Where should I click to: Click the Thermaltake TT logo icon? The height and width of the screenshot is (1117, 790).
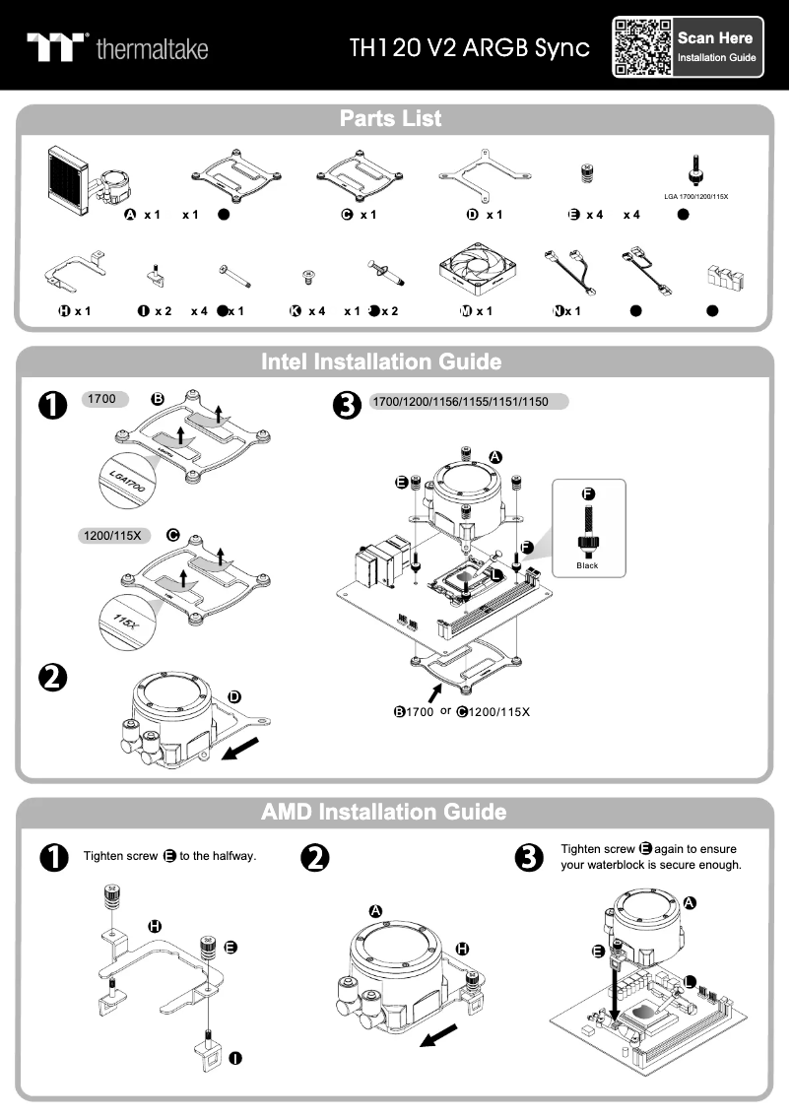click(57, 47)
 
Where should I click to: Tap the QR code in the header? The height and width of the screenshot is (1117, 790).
click(643, 47)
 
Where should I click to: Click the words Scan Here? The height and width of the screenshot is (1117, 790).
click(715, 38)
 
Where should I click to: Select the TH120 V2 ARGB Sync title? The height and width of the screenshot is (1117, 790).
click(470, 48)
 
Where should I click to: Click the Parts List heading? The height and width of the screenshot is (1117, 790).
click(391, 119)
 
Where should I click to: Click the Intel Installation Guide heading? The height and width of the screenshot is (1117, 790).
click(381, 361)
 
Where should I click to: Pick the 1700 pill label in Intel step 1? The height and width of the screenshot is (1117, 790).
click(102, 400)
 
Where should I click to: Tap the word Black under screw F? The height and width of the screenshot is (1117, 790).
click(587, 566)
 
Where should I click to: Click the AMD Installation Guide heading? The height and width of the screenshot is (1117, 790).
click(384, 812)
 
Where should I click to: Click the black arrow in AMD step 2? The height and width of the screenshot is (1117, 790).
click(440, 1034)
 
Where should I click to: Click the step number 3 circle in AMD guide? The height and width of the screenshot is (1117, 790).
click(530, 858)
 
